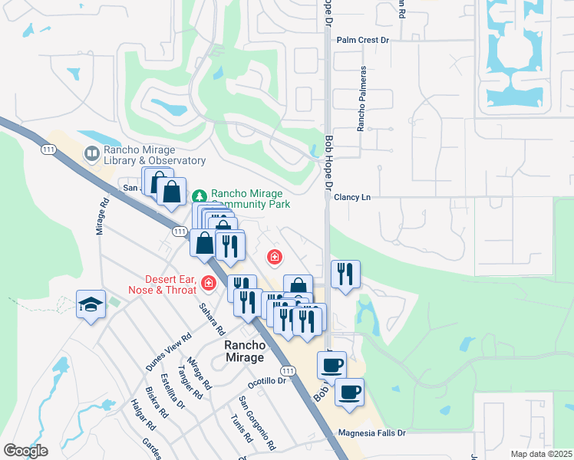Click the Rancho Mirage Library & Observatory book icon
92,155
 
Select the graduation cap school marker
91,305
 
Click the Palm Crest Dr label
364,39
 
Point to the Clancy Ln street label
352,197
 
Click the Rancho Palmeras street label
360,98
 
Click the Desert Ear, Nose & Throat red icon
207,284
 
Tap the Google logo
26,451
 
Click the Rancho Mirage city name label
244,351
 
